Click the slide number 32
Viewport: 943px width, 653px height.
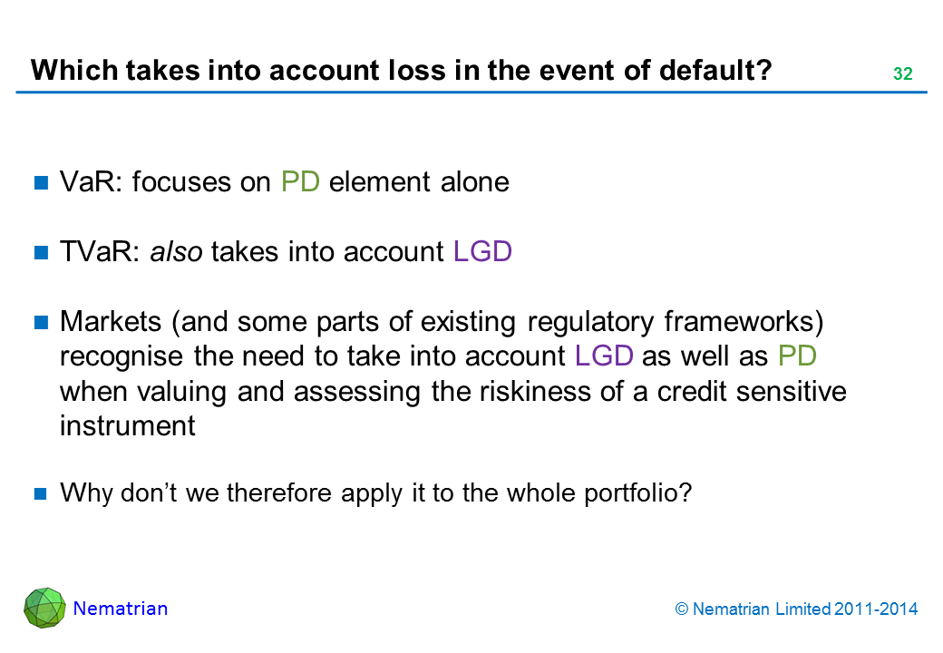903,73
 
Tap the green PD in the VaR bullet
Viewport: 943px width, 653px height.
300,181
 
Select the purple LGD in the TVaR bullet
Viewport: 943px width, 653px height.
482,251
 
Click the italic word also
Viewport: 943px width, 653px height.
176,252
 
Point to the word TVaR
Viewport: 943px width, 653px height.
95,251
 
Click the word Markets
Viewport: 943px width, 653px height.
111,322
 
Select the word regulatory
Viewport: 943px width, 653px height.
590,323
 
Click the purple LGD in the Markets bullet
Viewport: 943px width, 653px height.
604,356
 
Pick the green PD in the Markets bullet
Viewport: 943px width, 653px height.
797,356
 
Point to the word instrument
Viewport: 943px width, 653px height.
128,425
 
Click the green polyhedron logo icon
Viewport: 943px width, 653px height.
44,608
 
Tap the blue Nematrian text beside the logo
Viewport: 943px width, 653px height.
121,609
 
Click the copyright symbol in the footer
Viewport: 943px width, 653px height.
681,609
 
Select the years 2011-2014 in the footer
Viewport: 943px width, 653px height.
876,609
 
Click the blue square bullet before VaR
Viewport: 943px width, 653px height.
41,182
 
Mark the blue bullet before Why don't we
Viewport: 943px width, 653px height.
41,493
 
